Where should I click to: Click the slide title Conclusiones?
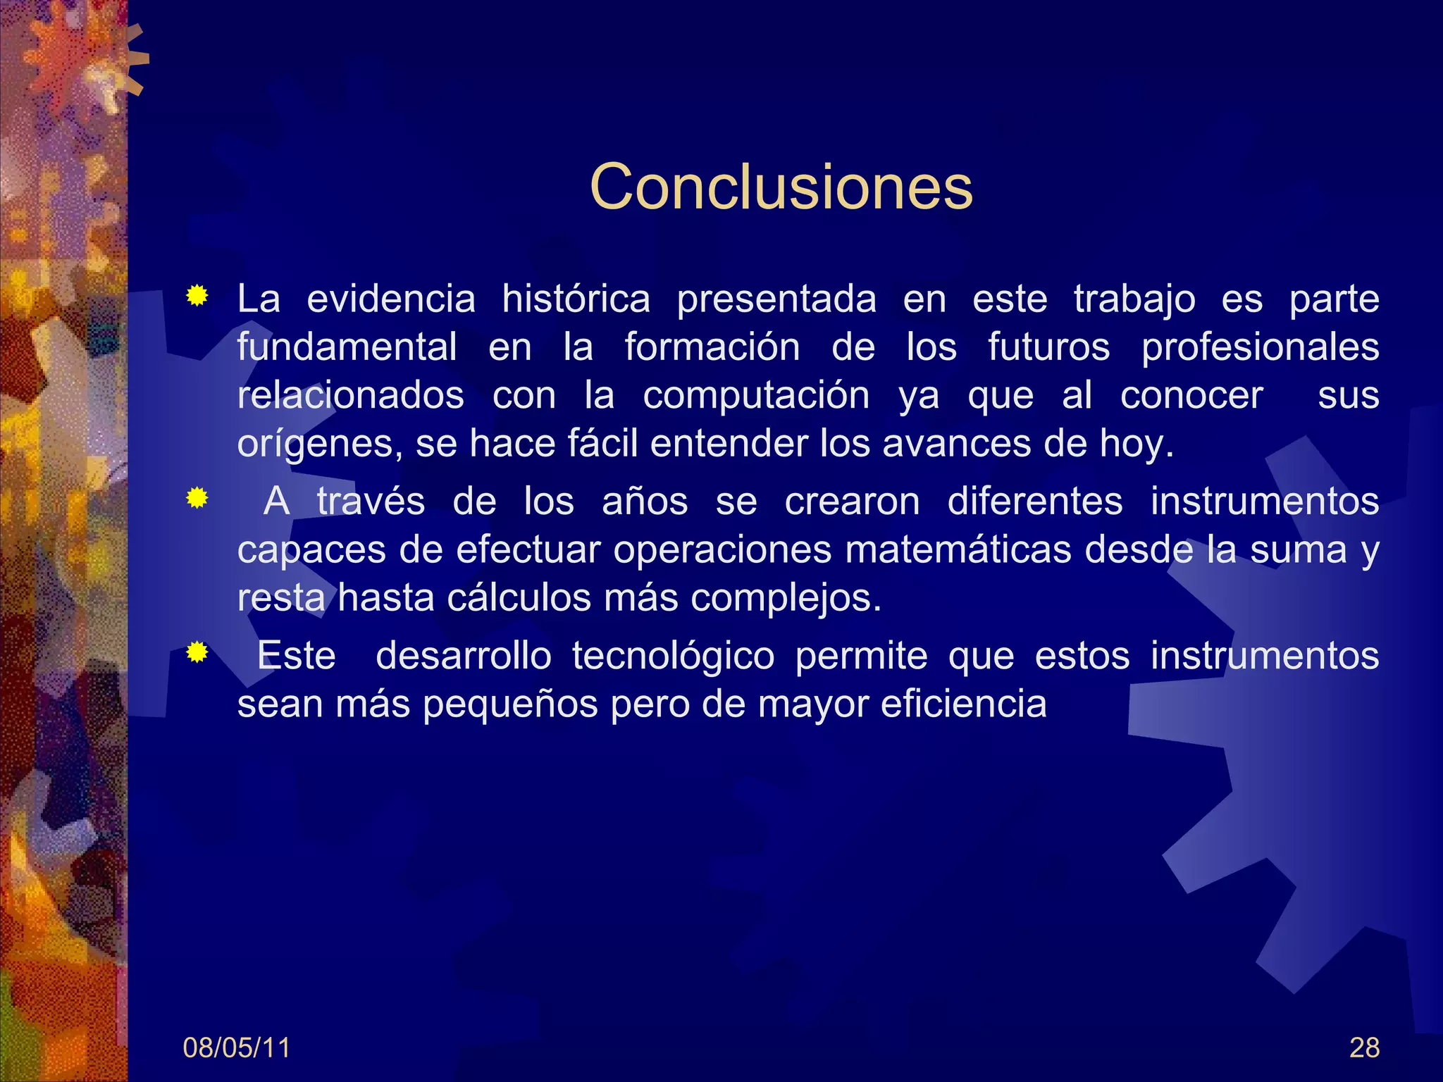coord(781,187)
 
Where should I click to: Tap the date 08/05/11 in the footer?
coord(236,1047)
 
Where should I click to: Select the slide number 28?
coord(1364,1047)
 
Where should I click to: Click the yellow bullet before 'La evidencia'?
coord(197,297)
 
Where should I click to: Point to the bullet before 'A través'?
coord(197,499)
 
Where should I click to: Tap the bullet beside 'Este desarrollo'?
coord(197,654)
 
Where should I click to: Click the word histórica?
coord(576,299)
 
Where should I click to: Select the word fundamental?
coord(347,347)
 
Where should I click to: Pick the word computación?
coord(756,395)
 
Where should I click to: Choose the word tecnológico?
coord(673,656)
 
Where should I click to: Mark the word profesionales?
coord(1260,347)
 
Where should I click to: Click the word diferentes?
coord(1034,502)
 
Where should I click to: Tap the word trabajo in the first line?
coord(1134,299)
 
